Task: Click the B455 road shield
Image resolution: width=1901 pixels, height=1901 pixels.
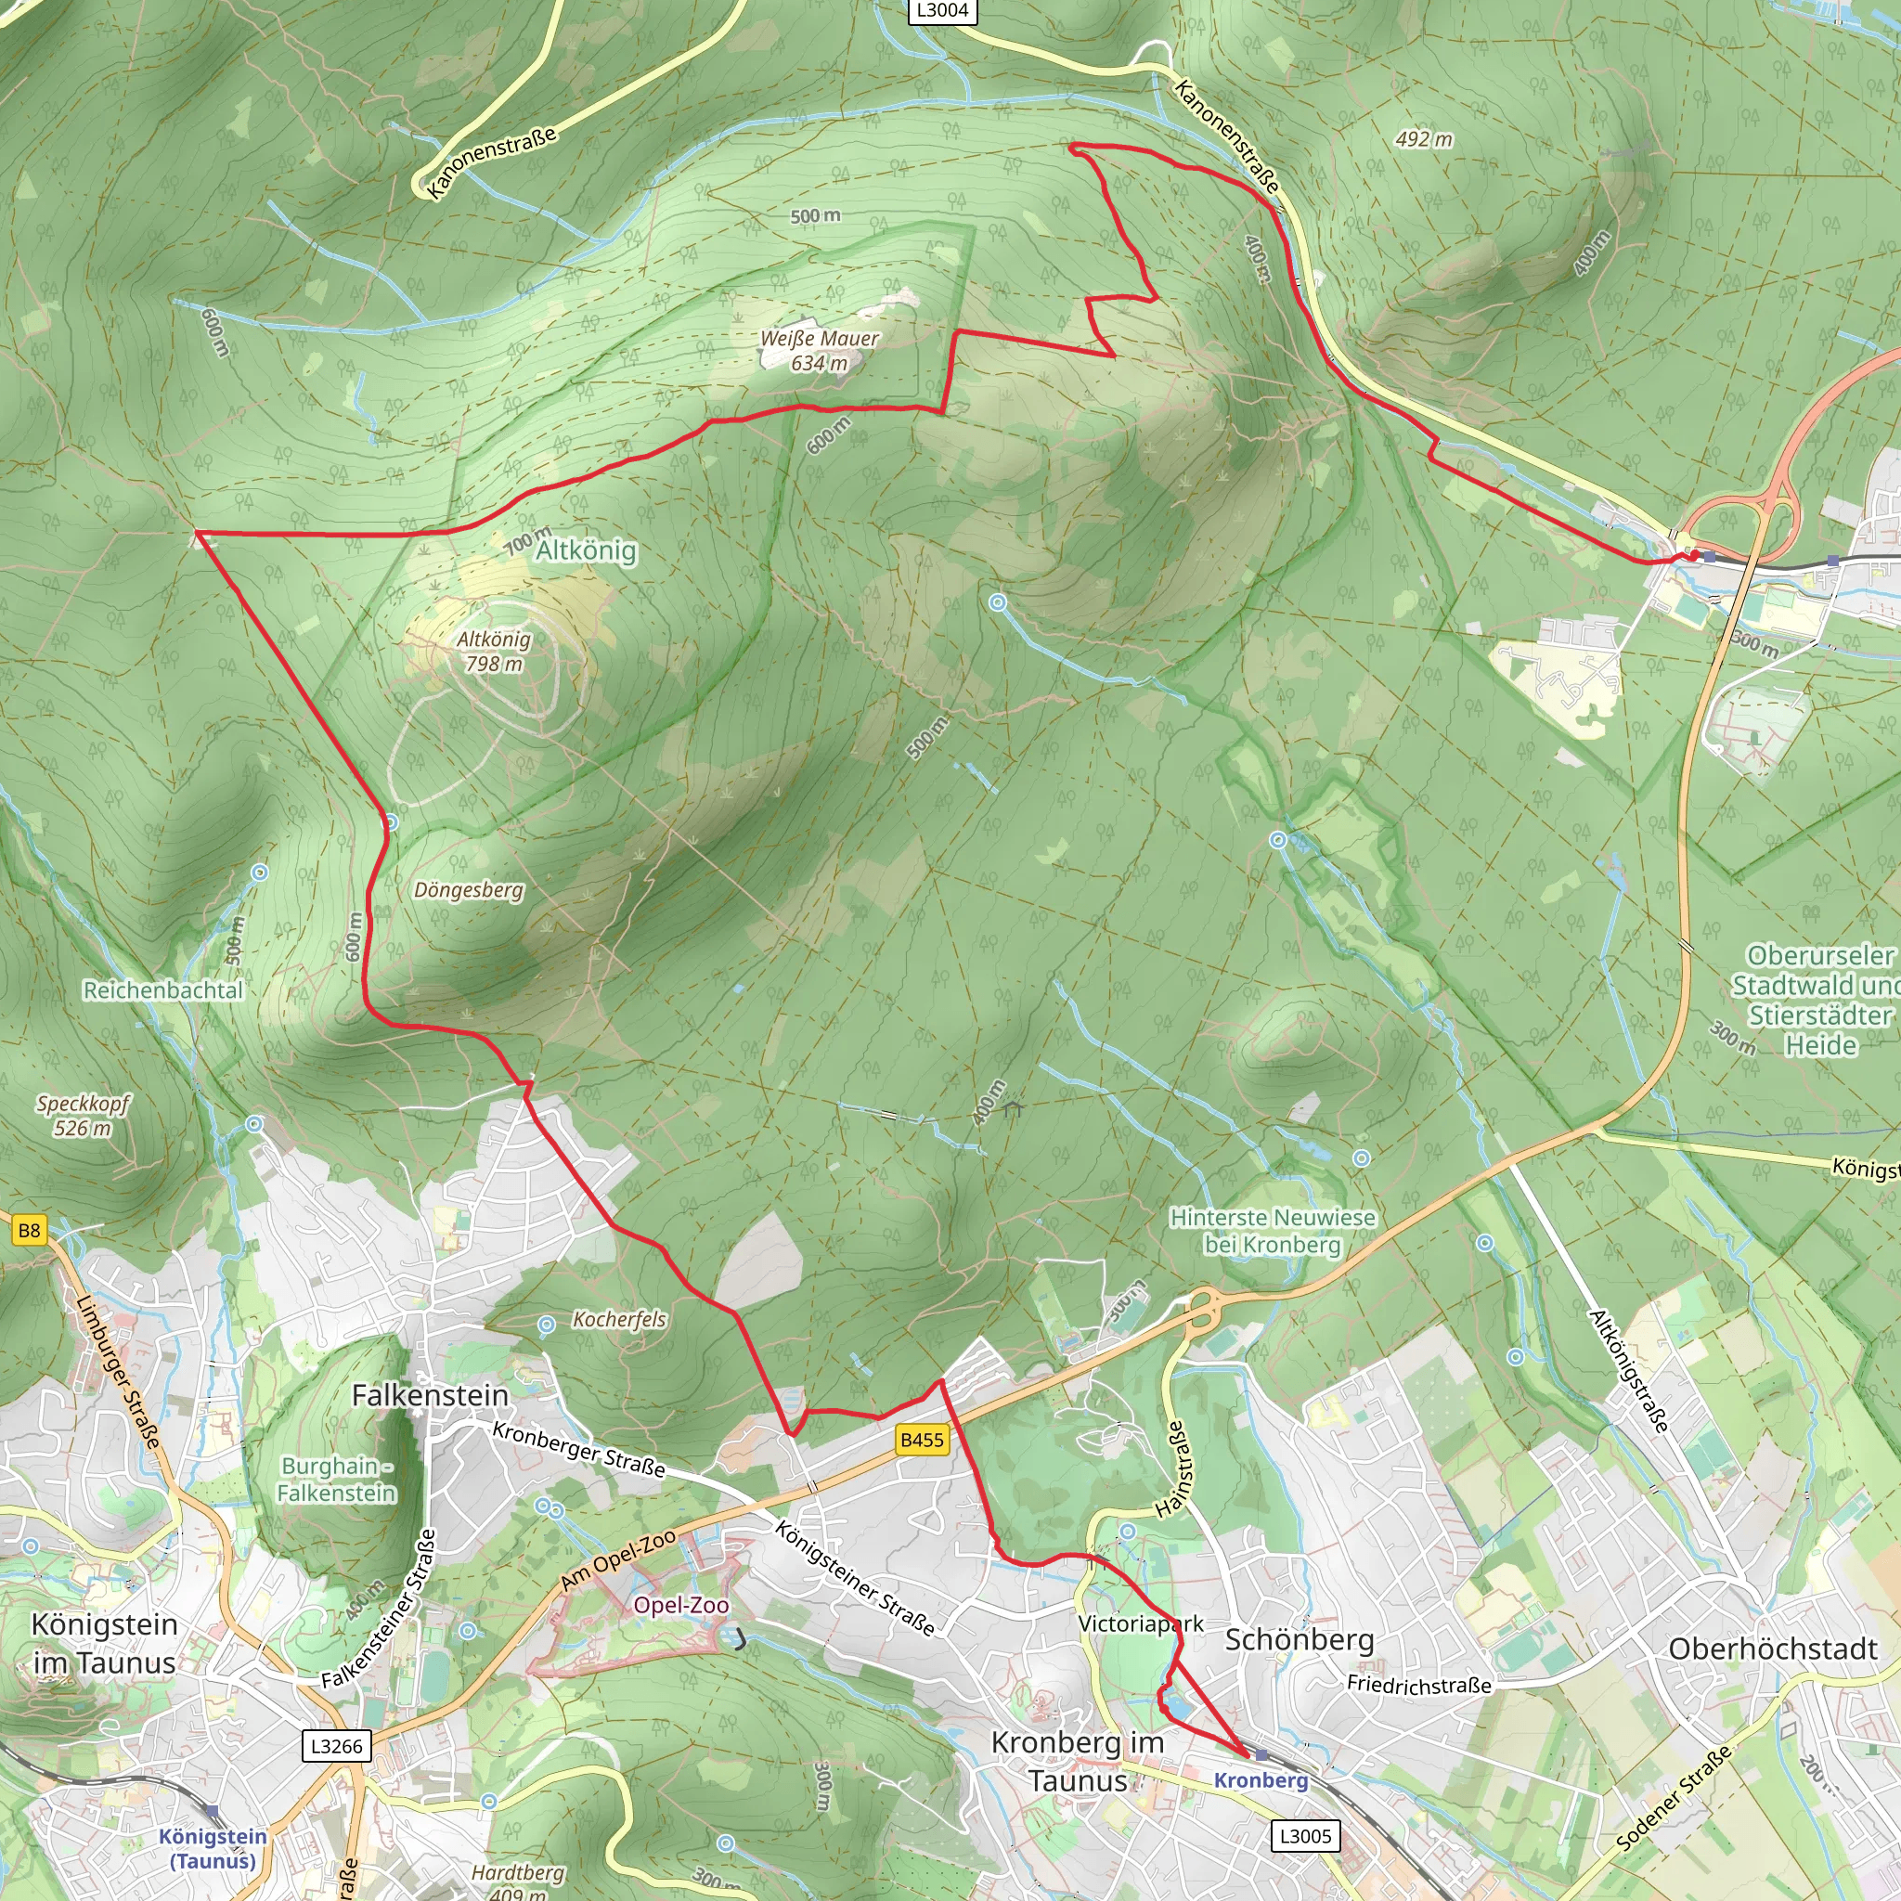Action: click(x=922, y=1440)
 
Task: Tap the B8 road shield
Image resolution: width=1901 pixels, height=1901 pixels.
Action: click(x=30, y=1230)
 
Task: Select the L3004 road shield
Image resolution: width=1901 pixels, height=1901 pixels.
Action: click(x=941, y=11)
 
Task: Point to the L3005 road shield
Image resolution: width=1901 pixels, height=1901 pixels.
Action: click(x=1305, y=1836)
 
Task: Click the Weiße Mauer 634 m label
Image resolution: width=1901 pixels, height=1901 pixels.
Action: click(x=819, y=351)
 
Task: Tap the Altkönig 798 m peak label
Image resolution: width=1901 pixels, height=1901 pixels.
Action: click(x=494, y=652)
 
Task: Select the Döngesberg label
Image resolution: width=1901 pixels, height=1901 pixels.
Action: click(x=469, y=890)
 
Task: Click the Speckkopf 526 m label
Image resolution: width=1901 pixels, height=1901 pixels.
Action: click(x=83, y=1116)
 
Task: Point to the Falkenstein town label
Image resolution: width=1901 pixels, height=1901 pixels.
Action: click(x=430, y=1395)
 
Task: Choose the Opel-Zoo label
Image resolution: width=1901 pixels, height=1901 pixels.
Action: click(x=681, y=1605)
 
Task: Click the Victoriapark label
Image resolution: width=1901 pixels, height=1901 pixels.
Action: click(x=1141, y=1623)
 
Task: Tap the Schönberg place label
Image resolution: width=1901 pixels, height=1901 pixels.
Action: click(x=1299, y=1640)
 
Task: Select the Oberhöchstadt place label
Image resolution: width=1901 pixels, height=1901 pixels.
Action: click(x=1773, y=1649)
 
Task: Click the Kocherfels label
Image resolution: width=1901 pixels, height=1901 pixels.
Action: click(x=619, y=1320)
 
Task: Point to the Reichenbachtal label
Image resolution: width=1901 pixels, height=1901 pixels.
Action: click(x=162, y=989)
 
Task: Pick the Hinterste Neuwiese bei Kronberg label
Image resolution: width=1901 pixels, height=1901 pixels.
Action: click(x=1273, y=1231)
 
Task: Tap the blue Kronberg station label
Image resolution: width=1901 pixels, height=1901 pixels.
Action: click(x=1261, y=1780)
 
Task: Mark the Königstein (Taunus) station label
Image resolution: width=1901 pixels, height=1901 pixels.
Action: click(x=213, y=1848)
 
